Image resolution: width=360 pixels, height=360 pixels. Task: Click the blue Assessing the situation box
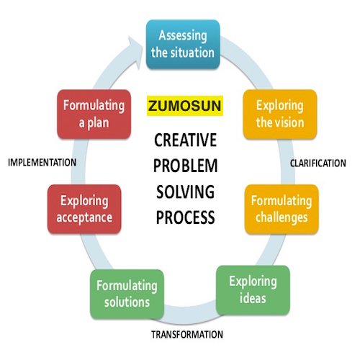pos(183,45)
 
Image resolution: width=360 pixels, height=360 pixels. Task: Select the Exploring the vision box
pos(280,114)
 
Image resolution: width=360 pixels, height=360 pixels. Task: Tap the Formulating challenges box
pos(282,209)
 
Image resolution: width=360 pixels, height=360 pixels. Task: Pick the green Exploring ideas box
pos(253,290)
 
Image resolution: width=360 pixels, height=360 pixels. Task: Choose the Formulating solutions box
pos(127,294)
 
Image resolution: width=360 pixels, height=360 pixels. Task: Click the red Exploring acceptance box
pos(84,209)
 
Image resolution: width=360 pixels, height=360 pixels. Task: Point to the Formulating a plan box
pos(94,114)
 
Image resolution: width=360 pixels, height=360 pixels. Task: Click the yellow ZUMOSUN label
pos(185,106)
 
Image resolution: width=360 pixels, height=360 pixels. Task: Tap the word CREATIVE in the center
pos(185,140)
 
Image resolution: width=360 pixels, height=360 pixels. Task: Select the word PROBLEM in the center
pos(185,166)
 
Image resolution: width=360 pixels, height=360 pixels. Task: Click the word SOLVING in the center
pos(185,192)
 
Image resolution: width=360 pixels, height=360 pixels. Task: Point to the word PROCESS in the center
pos(185,217)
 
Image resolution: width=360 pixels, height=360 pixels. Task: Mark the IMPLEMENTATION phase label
pos(42,163)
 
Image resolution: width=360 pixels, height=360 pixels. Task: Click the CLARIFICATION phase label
pos(318,163)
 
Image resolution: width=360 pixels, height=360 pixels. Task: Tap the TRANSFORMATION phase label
pos(187,335)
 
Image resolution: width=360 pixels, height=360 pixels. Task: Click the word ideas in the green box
pos(253,299)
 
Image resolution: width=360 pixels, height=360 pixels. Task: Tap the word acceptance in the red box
pos(84,217)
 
